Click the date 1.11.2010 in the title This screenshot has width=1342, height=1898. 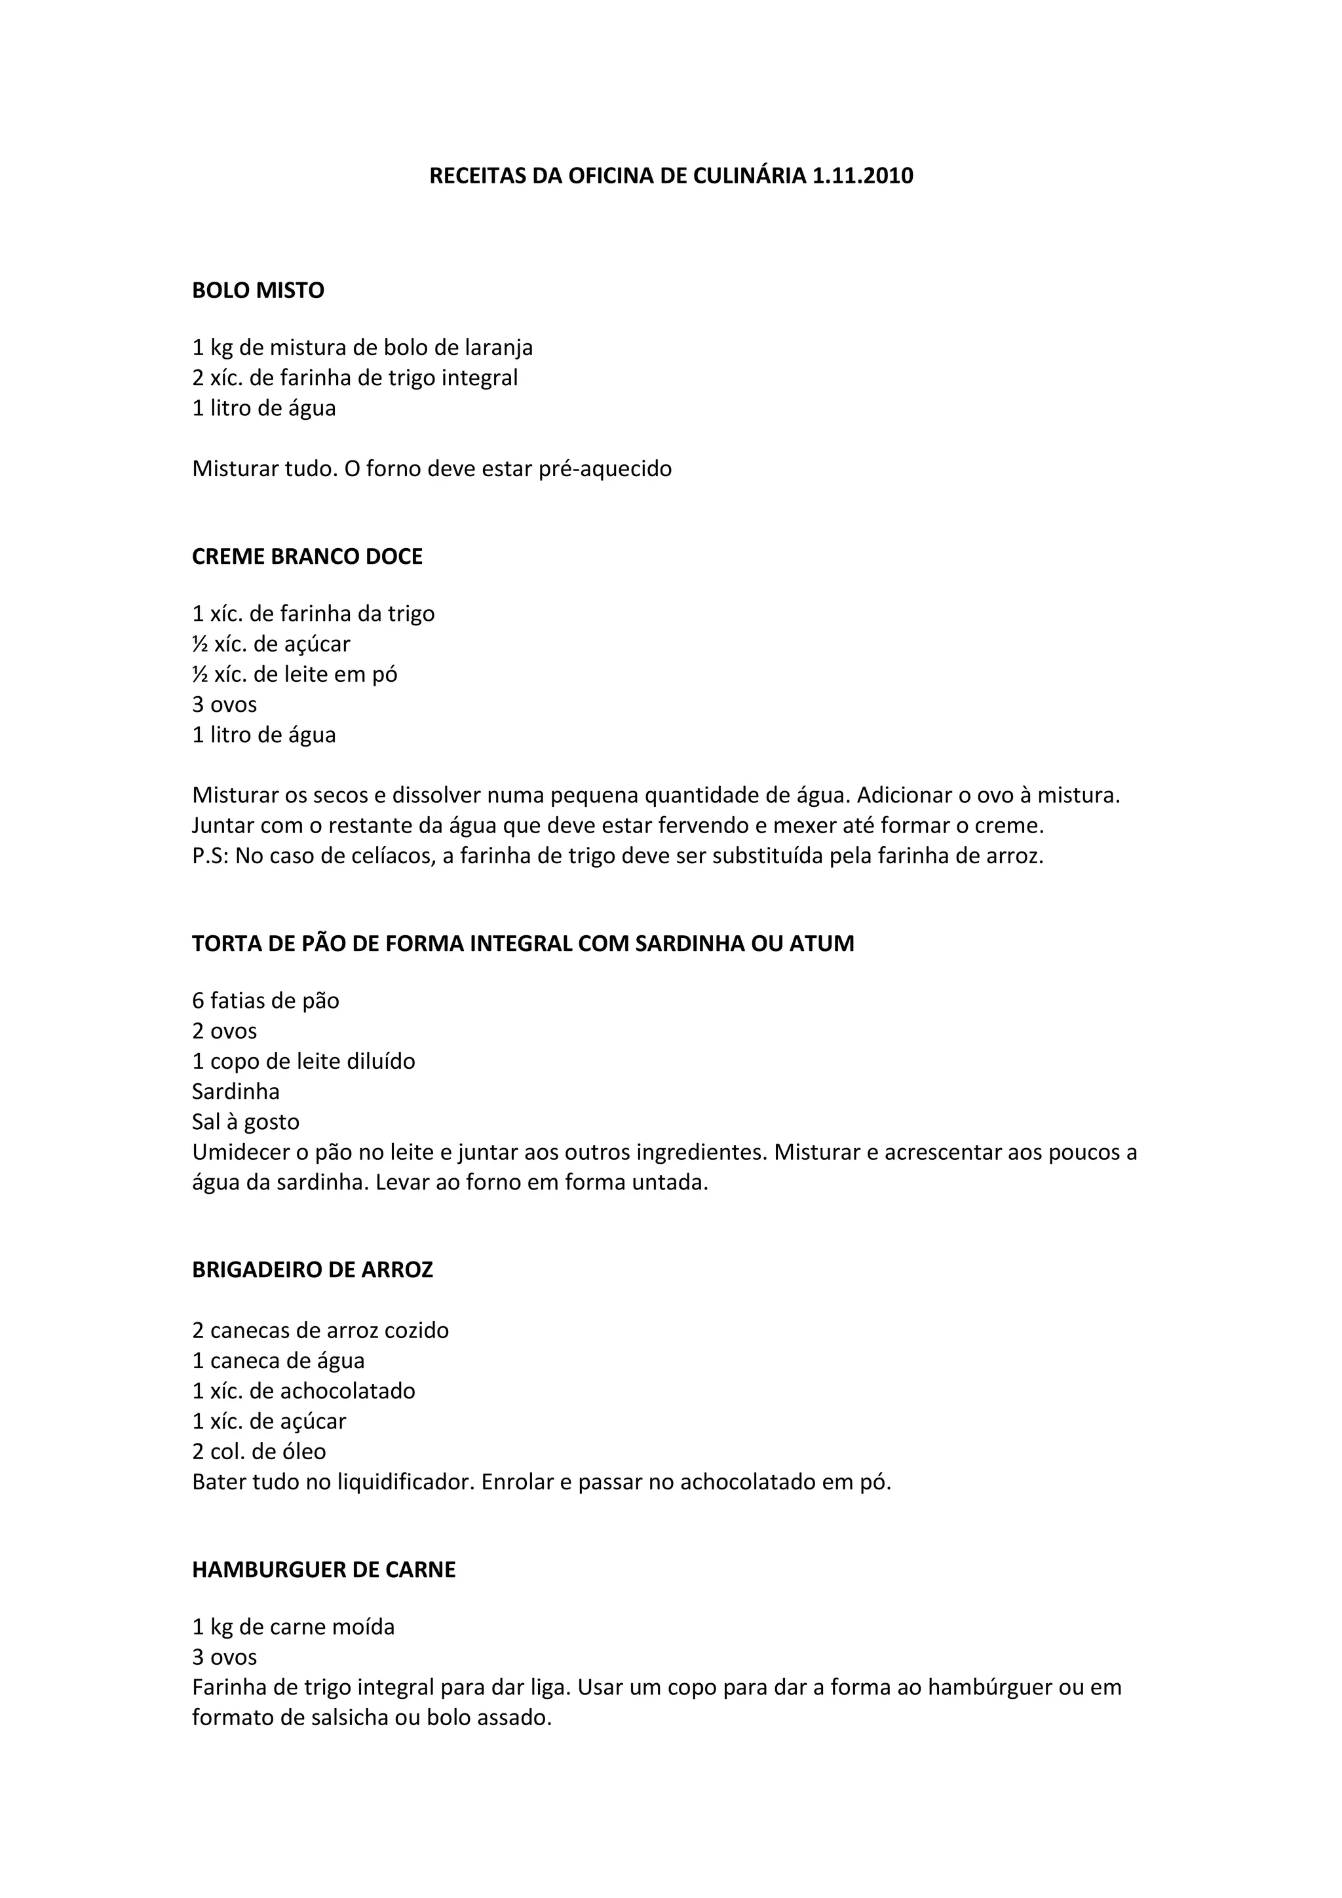point(862,176)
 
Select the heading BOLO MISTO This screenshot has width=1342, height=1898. point(258,290)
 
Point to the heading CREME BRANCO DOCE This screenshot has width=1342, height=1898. point(307,556)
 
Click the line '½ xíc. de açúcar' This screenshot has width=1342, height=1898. point(271,643)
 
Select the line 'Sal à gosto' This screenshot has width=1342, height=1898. point(246,1122)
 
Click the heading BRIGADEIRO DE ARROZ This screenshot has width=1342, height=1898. point(313,1270)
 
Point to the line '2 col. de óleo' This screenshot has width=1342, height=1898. point(259,1451)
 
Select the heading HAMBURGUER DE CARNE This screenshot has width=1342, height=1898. point(323,1570)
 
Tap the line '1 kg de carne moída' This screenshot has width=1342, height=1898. point(294,1627)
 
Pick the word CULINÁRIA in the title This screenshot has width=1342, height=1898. point(748,176)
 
